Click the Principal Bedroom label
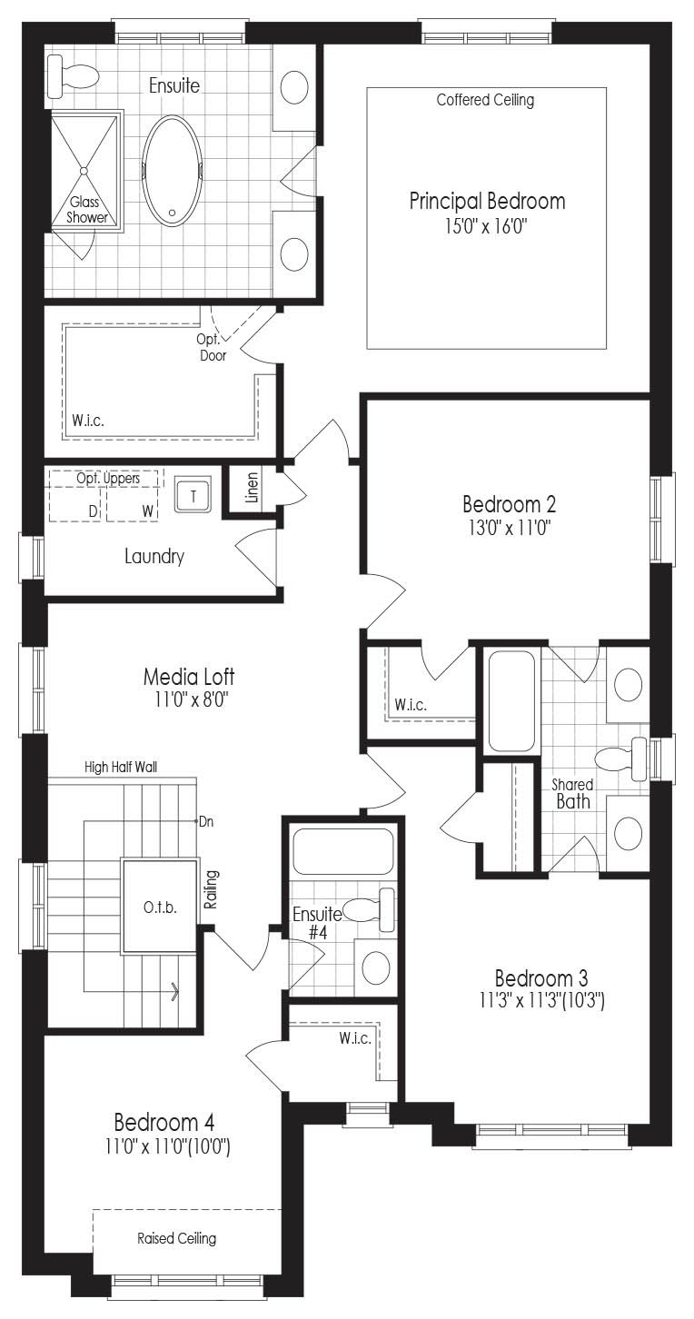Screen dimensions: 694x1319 pyautogui.click(x=487, y=202)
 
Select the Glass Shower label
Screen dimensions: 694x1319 pyautogui.click(x=87, y=210)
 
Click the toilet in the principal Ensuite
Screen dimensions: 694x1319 pyautogui.click(x=73, y=76)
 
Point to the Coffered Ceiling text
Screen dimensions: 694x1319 pyautogui.click(x=486, y=100)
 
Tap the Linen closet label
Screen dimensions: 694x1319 pyautogui.click(x=252, y=487)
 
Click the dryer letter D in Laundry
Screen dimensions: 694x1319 pyautogui.click(x=93, y=511)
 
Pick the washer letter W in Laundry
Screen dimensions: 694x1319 pyautogui.click(x=148, y=511)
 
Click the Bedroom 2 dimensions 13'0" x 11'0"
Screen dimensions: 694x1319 pyautogui.click(x=510, y=528)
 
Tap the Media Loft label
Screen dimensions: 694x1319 pyautogui.click(x=189, y=677)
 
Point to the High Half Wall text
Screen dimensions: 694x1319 pyautogui.click(x=121, y=767)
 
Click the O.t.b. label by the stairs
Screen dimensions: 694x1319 pyautogui.click(x=160, y=907)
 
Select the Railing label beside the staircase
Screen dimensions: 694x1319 pyautogui.click(x=211, y=889)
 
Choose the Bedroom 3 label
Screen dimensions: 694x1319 pyautogui.click(x=541, y=978)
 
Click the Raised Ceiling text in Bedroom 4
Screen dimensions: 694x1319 pyautogui.click(x=176, y=1238)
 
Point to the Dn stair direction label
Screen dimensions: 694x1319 pyautogui.click(x=206, y=821)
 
